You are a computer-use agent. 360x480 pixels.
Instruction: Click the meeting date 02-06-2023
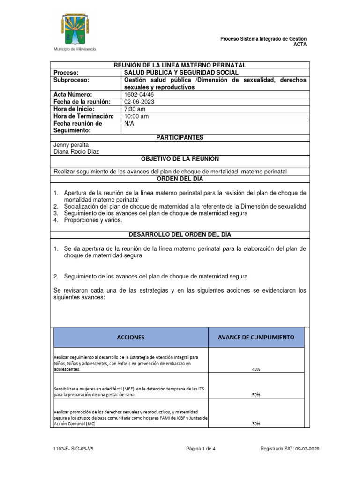click(x=139, y=102)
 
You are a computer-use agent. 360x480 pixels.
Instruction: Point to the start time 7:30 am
click(x=135, y=109)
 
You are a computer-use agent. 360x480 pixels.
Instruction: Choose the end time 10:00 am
click(x=136, y=116)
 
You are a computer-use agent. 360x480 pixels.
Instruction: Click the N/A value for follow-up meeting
click(x=129, y=123)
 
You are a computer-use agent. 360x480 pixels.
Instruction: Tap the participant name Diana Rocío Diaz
click(x=77, y=152)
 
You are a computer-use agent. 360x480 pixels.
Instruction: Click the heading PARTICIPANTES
click(x=180, y=137)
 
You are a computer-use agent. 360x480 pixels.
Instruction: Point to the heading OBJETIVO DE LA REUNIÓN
click(x=180, y=159)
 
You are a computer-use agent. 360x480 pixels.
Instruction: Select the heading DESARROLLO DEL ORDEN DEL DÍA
click(x=180, y=234)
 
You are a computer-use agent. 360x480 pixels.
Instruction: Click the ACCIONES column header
click(x=131, y=337)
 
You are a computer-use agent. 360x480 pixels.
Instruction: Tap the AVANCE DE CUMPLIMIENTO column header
click(x=256, y=337)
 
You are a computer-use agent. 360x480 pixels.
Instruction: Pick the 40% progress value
click(x=256, y=369)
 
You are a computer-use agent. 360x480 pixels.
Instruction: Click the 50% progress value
click(x=256, y=395)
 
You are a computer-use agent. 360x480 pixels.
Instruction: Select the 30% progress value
click(x=256, y=424)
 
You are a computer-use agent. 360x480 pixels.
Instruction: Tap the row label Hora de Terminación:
click(x=84, y=116)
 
